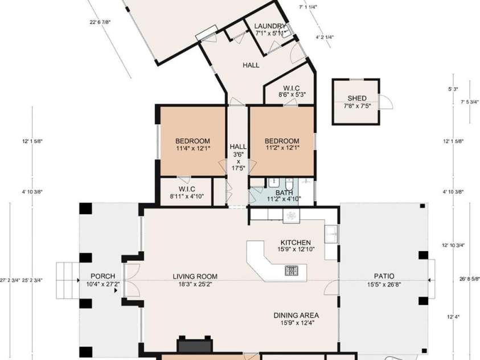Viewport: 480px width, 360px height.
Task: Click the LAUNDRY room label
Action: point(270,26)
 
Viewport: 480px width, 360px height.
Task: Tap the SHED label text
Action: point(356,99)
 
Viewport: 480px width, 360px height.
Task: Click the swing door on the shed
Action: point(387,102)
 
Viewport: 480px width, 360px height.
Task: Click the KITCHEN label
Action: point(296,242)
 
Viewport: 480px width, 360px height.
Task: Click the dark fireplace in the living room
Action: point(195,346)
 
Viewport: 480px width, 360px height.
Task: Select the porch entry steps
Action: point(67,280)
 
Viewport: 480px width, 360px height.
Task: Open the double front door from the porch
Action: point(131,280)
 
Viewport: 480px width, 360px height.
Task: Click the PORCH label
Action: point(102,276)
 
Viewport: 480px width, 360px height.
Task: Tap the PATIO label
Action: point(381,276)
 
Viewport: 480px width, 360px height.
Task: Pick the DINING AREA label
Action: point(296,315)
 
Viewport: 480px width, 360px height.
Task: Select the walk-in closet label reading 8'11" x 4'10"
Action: point(186,197)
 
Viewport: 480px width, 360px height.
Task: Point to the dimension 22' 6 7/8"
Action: point(100,22)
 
